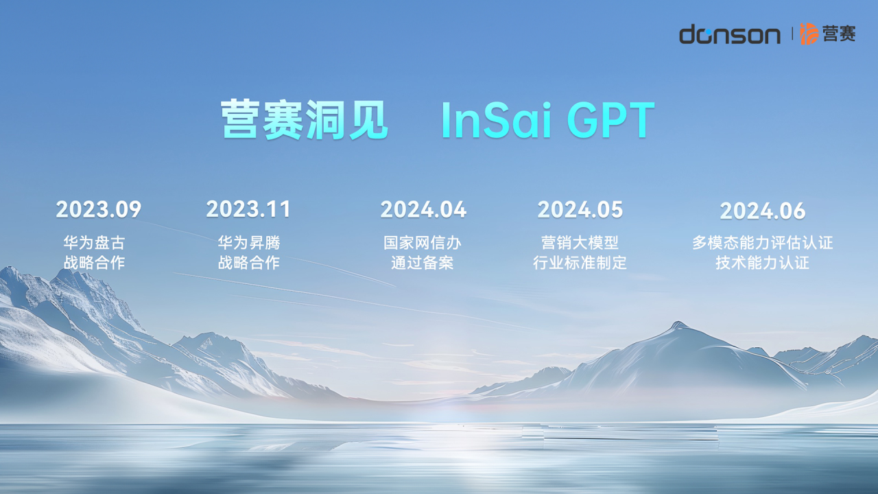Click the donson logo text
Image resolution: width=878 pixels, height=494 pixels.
click(729, 34)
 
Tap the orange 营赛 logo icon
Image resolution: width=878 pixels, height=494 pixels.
click(809, 34)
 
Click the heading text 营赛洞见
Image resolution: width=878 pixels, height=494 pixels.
click(305, 119)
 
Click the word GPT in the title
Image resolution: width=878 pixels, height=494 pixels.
click(611, 120)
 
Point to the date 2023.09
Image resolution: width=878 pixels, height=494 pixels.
click(98, 209)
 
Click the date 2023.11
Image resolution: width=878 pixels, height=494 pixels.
click(248, 209)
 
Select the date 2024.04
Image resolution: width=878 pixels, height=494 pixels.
click(423, 209)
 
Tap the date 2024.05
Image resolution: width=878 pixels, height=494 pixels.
click(580, 209)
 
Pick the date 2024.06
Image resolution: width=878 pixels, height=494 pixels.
click(763, 211)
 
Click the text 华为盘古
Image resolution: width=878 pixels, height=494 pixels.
click(94, 243)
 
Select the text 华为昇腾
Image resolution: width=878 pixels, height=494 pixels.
click(249, 243)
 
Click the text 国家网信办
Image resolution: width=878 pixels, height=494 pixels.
click(422, 243)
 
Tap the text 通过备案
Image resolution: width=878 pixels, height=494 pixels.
click(422, 263)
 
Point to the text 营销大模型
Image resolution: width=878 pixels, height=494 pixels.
click(580, 243)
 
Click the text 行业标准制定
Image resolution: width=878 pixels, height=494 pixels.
click(580, 263)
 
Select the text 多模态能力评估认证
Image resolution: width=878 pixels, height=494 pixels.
click(762, 243)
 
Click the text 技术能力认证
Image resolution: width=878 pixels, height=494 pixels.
click(762, 263)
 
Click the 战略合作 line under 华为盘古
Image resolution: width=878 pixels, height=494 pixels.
click(94, 263)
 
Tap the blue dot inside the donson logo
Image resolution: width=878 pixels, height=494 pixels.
click(709, 32)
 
